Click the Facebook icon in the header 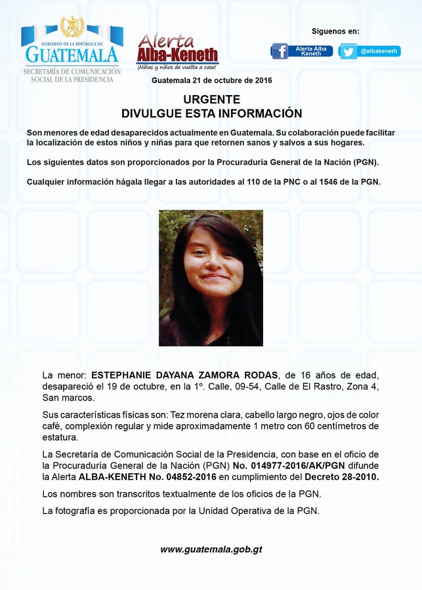pos(280,51)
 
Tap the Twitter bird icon pos(348,51)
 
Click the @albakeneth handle pos(379,51)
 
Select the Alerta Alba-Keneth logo pos(177,51)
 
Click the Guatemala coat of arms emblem pos(72,28)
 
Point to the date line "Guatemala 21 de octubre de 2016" pos(211,80)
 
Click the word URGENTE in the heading pos(211,100)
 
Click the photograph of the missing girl pos(211,277)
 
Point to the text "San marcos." pos(68,398)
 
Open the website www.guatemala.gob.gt pos(211,549)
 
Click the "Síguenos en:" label pos(335,31)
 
